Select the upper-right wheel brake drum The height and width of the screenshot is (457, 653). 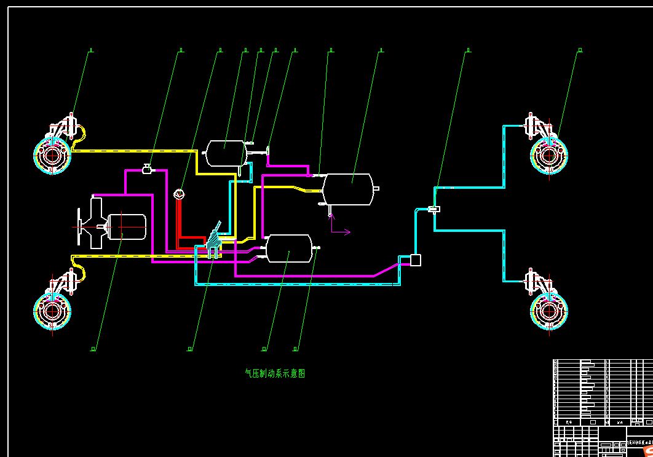(x=548, y=154)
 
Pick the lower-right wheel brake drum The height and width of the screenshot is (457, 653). (x=548, y=309)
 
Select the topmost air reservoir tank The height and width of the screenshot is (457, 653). (x=225, y=153)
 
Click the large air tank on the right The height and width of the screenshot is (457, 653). (x=348, y=189)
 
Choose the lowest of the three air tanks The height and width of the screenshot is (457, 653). (x=288, y=248)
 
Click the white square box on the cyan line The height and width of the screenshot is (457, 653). (x=416, y=260)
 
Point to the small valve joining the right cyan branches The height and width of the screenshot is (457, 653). (x=434, y=210)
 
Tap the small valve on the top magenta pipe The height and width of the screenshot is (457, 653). (x=147, y=169)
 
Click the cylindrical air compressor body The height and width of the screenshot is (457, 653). (x=127, y=226)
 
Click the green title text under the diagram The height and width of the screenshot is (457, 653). (x=275, y=373)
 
